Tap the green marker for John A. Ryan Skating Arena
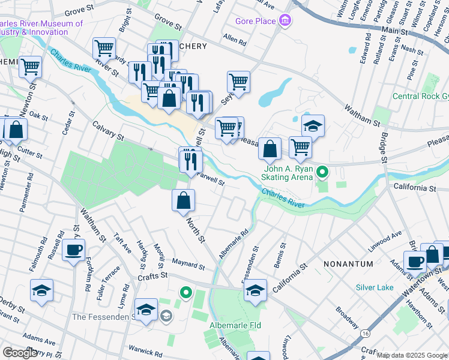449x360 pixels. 323,173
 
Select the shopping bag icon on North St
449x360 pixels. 183,201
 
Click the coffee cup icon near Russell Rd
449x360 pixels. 73,250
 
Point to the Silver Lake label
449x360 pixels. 374,287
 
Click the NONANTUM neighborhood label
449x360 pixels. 348,264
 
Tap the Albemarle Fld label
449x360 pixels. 233,325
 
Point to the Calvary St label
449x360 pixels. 108,131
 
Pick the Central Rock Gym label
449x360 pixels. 420,96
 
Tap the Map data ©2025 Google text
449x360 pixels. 412,355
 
